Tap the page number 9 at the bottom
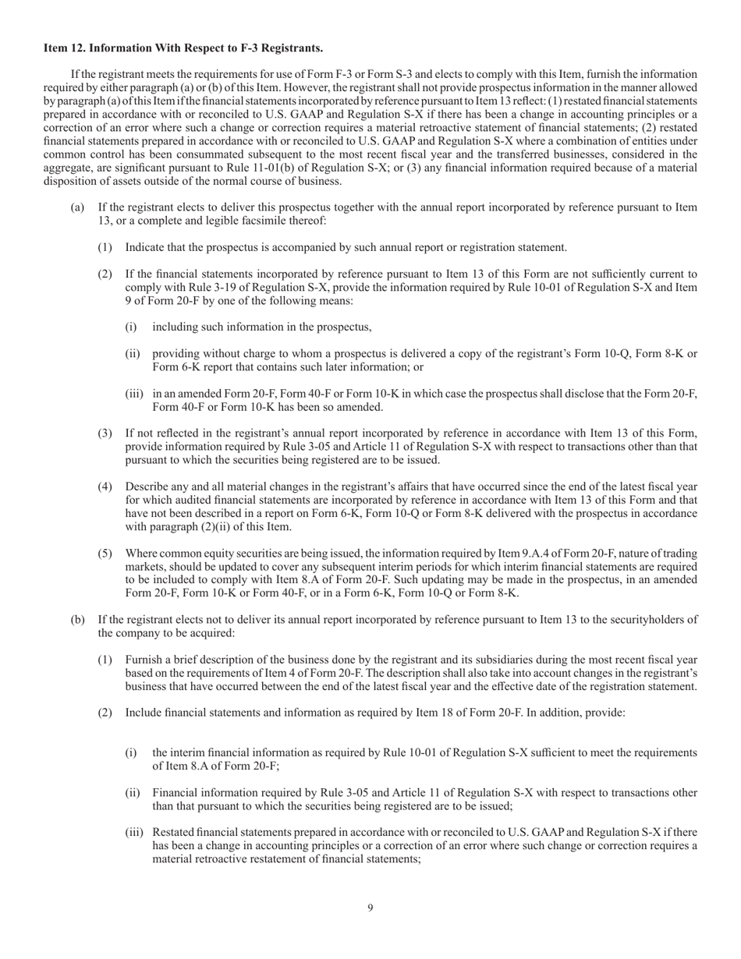coord(370,907)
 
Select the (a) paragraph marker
coord(77,207)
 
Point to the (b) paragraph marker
coord(77,620)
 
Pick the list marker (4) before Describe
coord(105,487)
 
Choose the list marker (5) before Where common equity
coord(105,554)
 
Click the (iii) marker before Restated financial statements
coord(135,832)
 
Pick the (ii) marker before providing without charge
coord(133,354)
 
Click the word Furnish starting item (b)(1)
coord(145,660)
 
